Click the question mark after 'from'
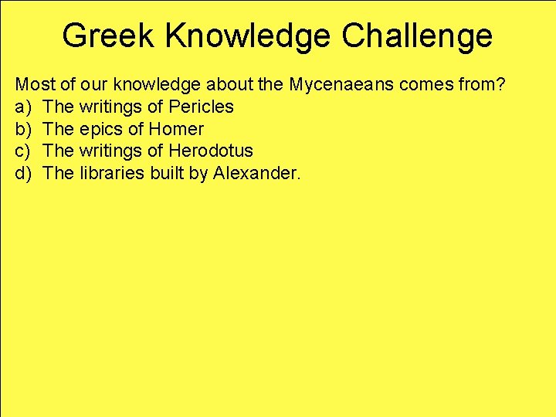501,84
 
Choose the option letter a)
23,107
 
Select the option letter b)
23,129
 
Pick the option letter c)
23,151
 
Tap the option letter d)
23,173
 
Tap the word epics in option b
100,129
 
